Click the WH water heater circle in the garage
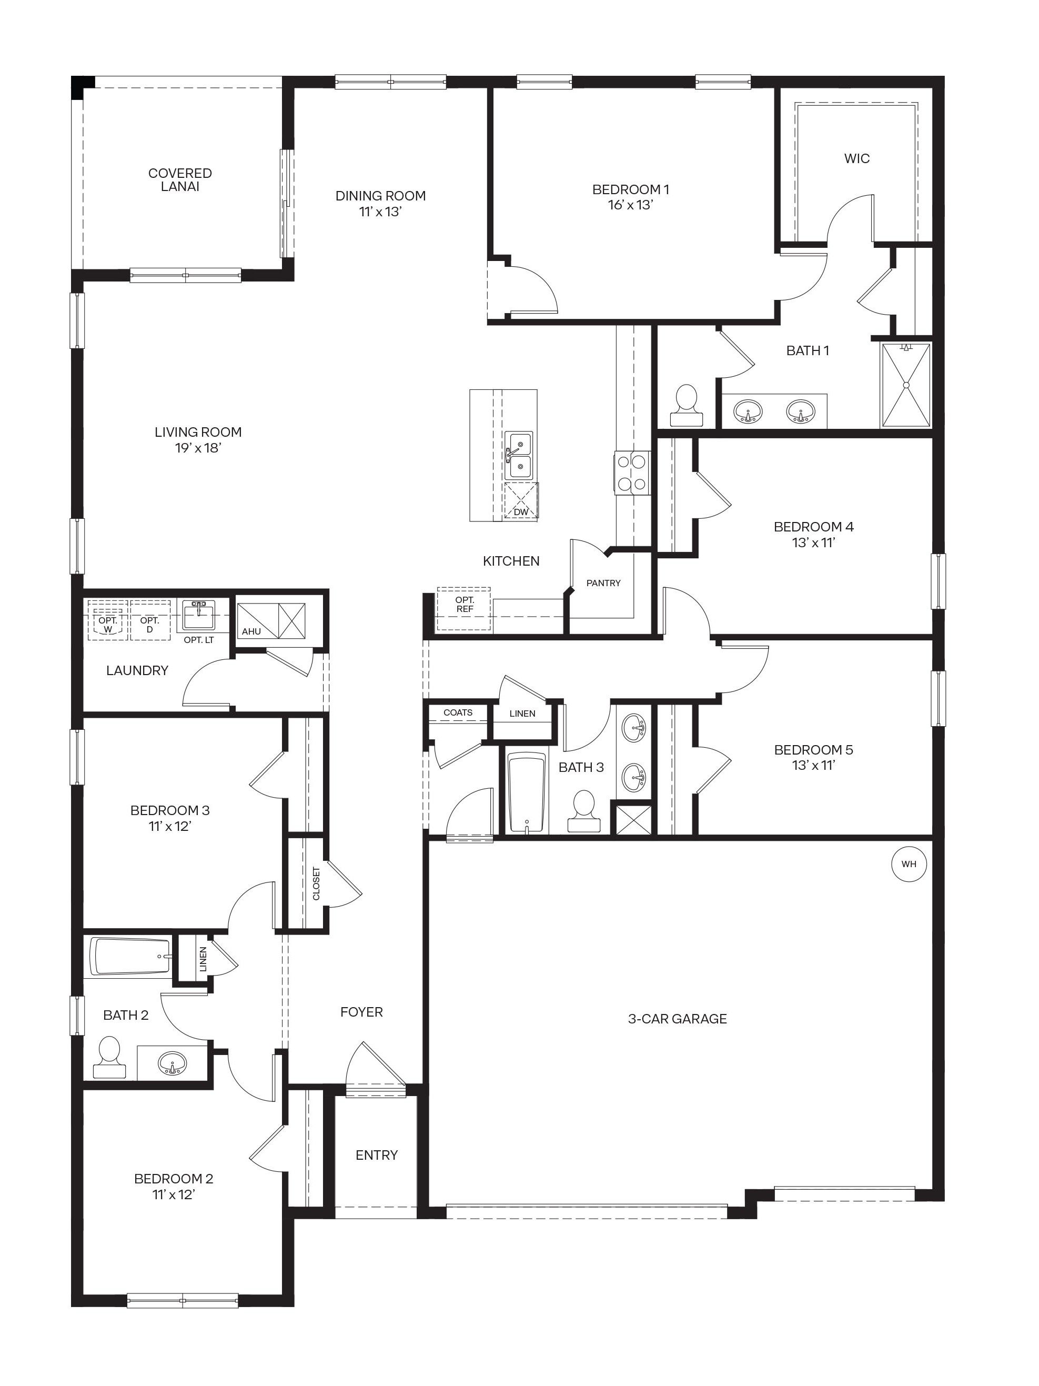tap(908, 864)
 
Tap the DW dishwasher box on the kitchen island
tap(520, 502)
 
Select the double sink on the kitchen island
tap(519, 456)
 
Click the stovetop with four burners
tap(631, 473)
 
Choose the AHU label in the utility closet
tap(251, 631)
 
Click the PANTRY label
tap(603, 582)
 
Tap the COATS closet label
tap(458, 712)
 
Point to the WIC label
tap(856, 158)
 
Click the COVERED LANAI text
tap(180, 179)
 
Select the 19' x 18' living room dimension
tap(198, 448)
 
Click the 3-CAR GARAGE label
tap(677, 1019)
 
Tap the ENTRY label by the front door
tap(376, 1155)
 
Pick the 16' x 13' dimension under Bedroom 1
tap(630, 205)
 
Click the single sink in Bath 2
tap(172, 1063)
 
